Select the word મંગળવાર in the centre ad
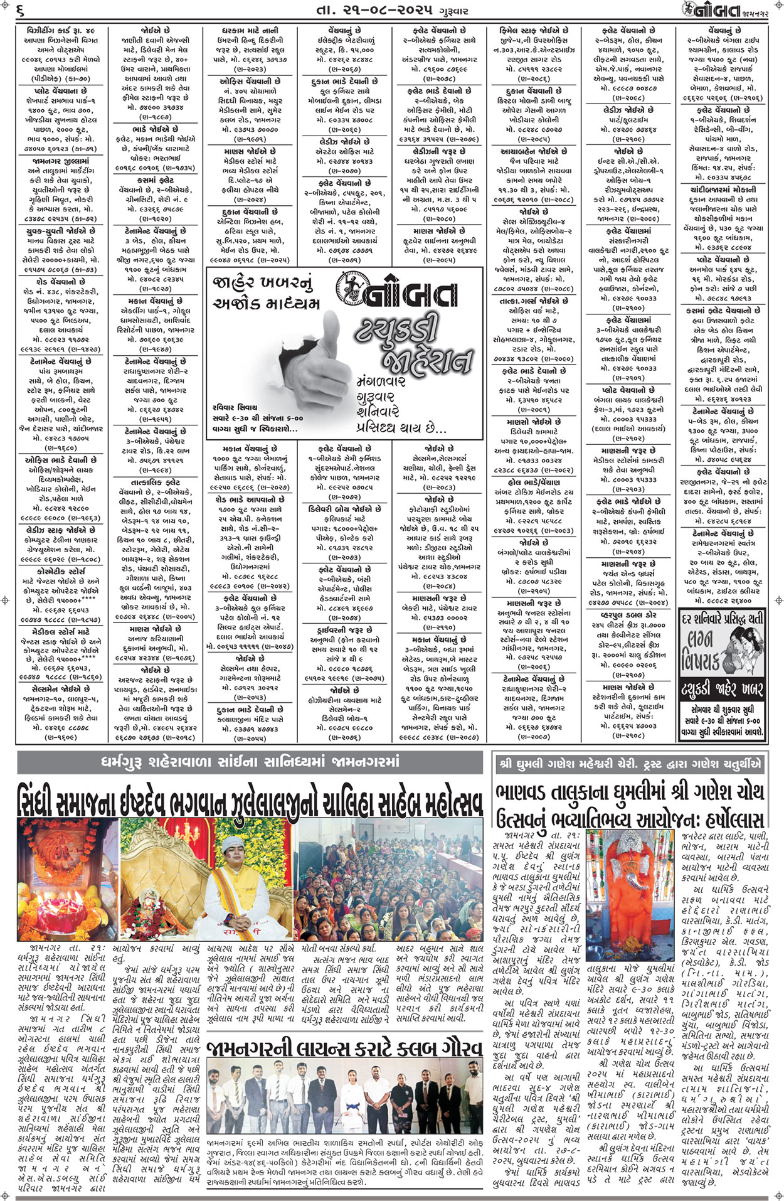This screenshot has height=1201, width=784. tap(382, 381)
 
